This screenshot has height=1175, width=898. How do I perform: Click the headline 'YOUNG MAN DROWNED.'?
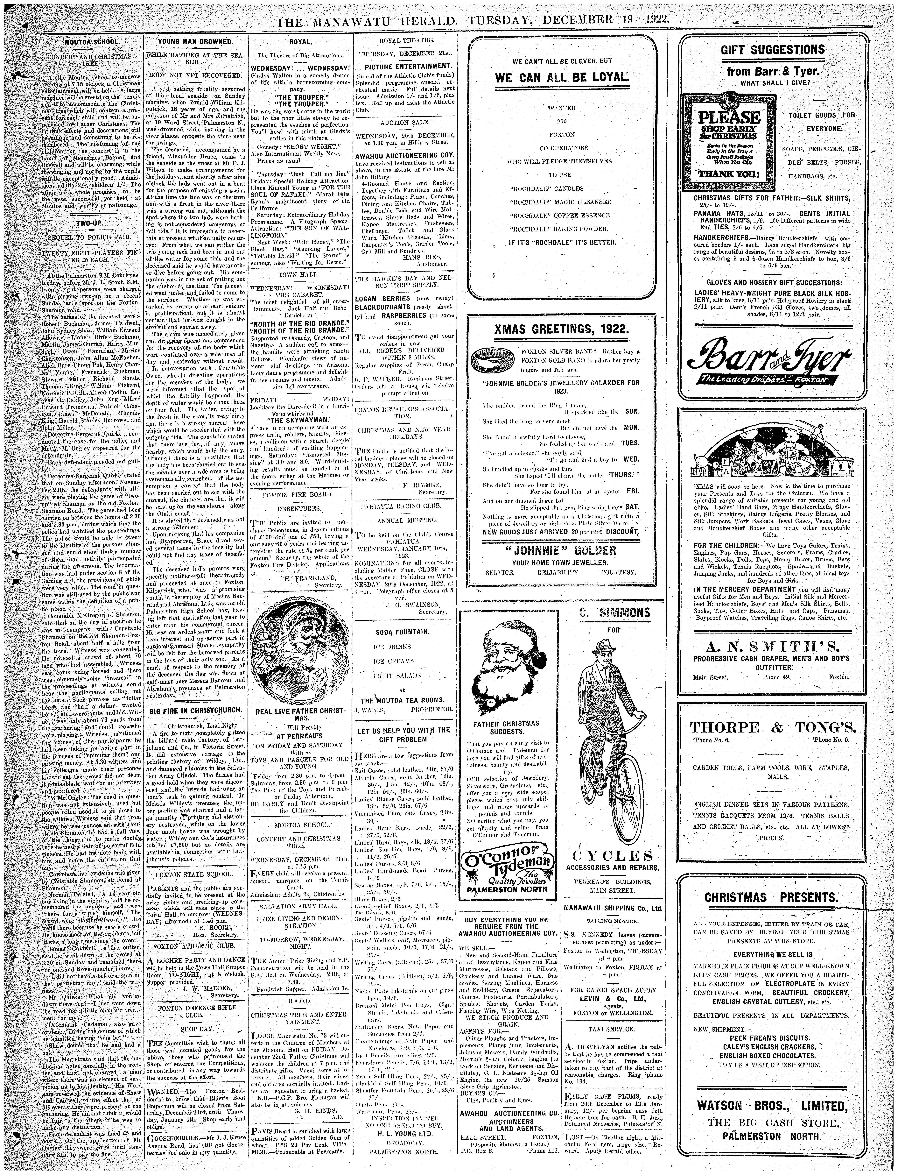[x=195, y=42]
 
